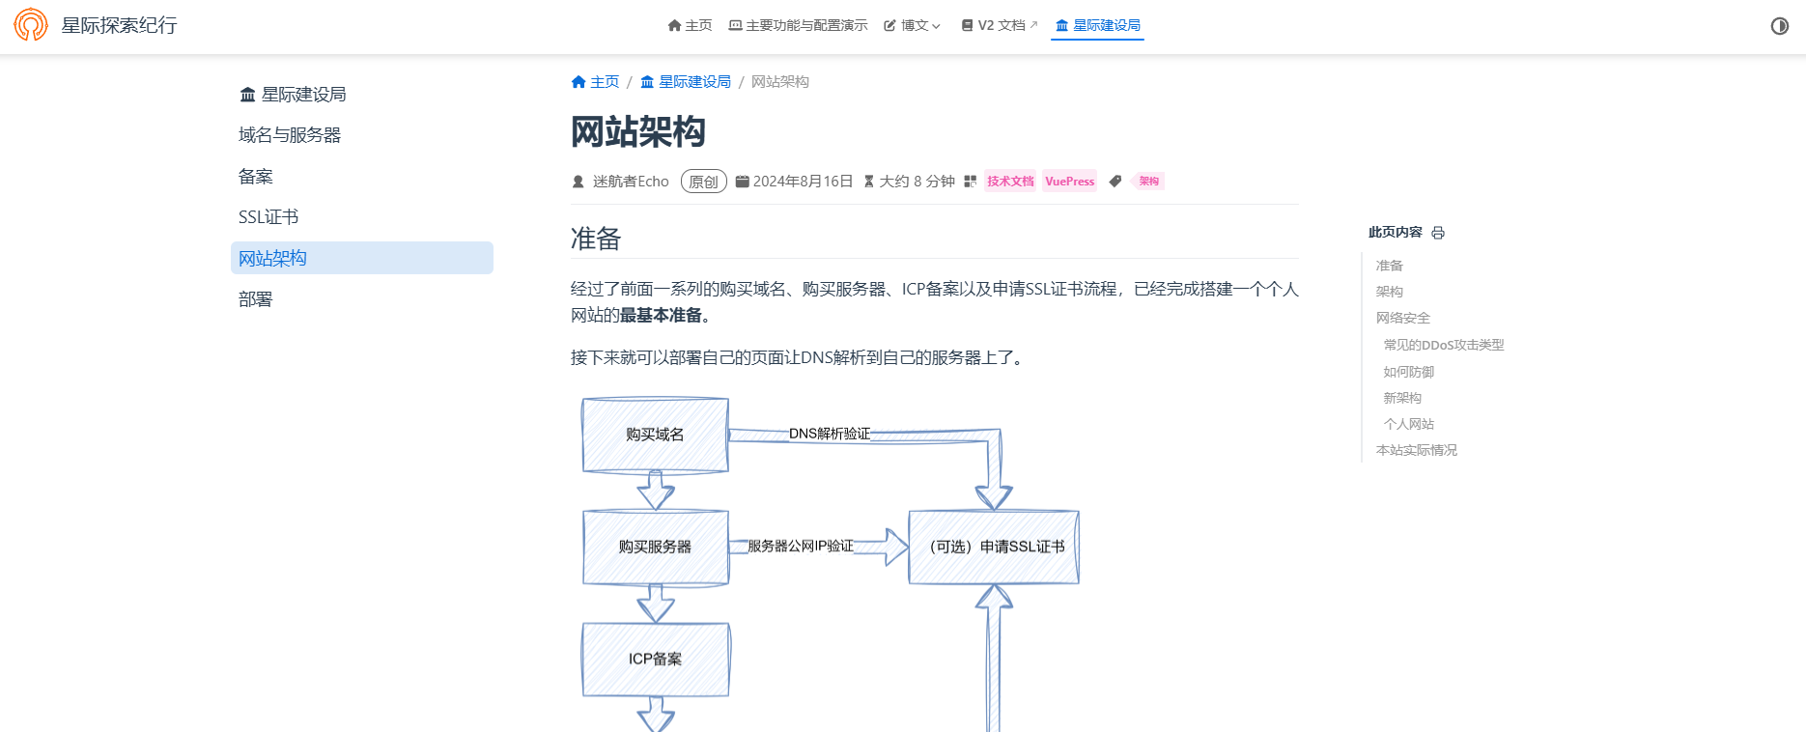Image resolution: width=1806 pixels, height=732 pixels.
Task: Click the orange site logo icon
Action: pyautogui.click(x=31, y=25)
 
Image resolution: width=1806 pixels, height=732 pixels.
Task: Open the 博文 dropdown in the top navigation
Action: pyautogui.click(x=912, y=25)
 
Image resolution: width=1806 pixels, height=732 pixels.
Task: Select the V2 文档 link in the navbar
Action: pyautogui.click(x=1000, y=25)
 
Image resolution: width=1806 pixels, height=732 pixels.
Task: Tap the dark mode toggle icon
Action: pyautogui.click(x=1779, y=26)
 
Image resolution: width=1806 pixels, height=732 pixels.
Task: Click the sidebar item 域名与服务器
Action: pyautogui.click(x=290, y=135)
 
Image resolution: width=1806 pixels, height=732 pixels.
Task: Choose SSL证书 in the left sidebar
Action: pyautogui.click(x=268, y=217)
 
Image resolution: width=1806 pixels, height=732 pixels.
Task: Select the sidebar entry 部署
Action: pyautogui.click(x=256, y=299)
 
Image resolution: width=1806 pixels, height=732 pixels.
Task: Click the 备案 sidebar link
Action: pyautogui.click(x=256, y=177)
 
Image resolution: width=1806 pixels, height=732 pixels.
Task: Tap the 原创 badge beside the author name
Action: pyautogui.click(x=703, y=182)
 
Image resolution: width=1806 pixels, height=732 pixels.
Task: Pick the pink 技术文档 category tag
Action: pyautogui.click(x=1010, y=182)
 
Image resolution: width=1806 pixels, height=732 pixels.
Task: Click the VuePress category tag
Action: pyautogui.click(x=1069, y=182)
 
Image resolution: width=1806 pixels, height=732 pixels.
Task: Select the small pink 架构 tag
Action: pyautogui.click(x=1148, y=182)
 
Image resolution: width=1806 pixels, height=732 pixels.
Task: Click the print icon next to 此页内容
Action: pyautogui.click(x=1438, y=233)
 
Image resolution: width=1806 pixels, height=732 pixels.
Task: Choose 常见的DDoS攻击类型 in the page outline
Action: pyautogui.click(x=1443, y=345)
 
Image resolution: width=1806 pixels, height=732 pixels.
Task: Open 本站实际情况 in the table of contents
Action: pyautogui.click(x=1416, y=450)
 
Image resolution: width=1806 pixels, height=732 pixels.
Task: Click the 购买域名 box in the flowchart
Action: pyautogui.click(x=655, y=435)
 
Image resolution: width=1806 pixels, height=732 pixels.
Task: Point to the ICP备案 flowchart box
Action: pyautogui.click(x=655, y=659)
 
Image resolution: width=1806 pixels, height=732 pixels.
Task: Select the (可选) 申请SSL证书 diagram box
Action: pyautogui.click(x=994, y=547)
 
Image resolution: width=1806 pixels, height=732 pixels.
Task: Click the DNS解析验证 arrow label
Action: pyautogui.click(x=830, y=434)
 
